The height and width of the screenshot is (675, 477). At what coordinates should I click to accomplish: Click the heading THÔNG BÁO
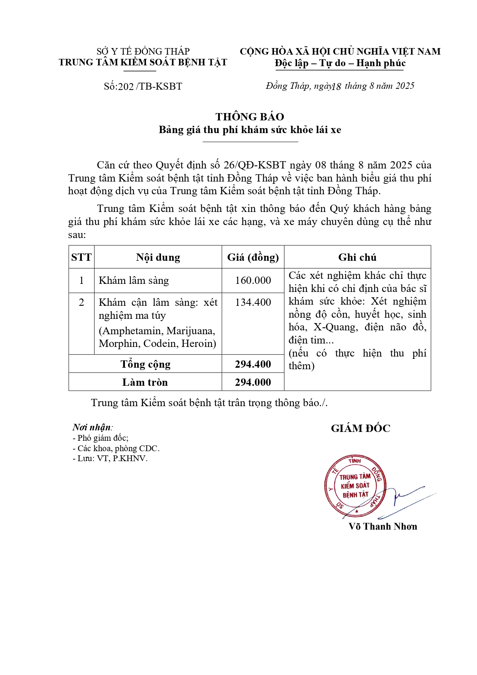click(x=250, y=117)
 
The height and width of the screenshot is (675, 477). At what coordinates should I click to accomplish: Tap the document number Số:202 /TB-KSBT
click(x=143, y=86)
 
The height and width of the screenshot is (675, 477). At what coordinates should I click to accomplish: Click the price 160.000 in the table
click(x=253, y=280)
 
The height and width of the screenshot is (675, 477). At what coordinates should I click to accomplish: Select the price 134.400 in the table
click(x=253, y=302)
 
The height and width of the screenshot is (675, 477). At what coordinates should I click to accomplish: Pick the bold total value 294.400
click(x=253, y=364)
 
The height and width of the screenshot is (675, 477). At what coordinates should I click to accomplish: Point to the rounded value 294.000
click(x=253, y=382)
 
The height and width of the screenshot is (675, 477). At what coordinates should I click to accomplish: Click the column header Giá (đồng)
click(x=253, y=257)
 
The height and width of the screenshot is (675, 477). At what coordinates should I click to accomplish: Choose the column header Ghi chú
click(x=357, y=257)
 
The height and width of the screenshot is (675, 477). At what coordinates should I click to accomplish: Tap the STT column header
click(x=81, y=257)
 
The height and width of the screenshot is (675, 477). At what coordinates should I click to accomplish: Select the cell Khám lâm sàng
click(x=134, y=280)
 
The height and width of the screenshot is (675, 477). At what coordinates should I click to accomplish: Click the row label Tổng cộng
click(x=145, y=364)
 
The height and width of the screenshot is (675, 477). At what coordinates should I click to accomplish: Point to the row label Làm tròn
click(x=145, y=382)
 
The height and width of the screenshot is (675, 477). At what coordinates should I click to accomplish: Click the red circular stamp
click(x=354, y=486)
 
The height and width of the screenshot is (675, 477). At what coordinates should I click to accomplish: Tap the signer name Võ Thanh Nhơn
click(x=382, y=527)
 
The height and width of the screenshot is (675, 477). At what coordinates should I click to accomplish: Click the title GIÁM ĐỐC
click(x=361, y=428)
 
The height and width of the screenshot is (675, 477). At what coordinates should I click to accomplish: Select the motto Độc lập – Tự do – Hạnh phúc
click(x=340, y=63)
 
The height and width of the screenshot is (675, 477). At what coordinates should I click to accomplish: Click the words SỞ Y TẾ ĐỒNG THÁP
click(x=143, y=51)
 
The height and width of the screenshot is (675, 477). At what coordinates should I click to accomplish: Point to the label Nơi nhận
click(x=92, y=427)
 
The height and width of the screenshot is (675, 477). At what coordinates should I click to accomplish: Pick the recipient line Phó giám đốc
click(x=101, y=438)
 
